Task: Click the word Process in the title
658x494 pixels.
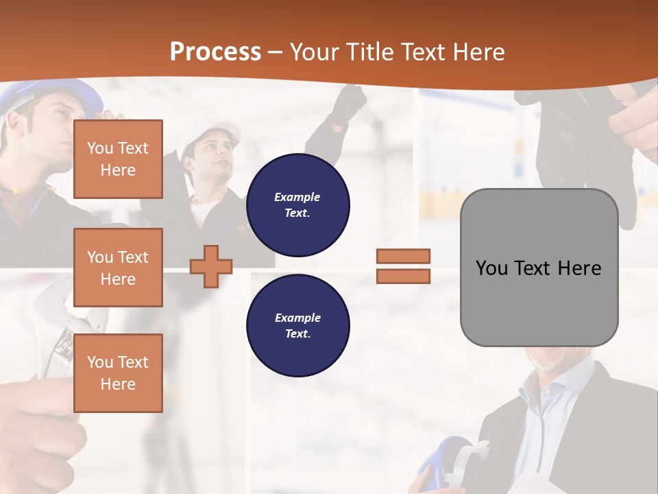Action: [215, 52]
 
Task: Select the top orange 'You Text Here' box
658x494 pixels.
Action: [118, 159]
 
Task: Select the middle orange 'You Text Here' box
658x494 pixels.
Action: [118, 268]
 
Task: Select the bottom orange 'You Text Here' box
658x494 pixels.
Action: [118, 373]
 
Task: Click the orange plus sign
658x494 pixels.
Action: [211, 267]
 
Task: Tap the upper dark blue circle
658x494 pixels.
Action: [297, 204]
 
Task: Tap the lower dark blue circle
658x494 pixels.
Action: [297, 325]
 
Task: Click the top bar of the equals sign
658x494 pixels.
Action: [403, 256]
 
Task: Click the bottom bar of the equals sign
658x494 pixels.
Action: [403, 276]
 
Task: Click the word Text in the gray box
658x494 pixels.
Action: [533, 268]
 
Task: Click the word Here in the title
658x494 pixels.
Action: [478, 52]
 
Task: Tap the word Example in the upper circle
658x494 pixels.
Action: [297, 197]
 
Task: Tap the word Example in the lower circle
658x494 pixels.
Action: [297, 318]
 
